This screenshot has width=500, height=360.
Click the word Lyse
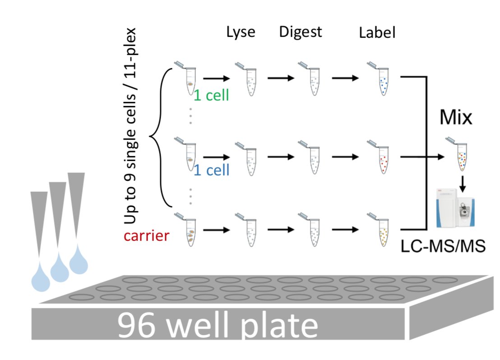241,32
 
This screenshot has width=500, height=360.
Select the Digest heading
301,32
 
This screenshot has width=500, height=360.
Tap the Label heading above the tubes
377,33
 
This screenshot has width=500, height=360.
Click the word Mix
456,118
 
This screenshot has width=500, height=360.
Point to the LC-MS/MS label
444,246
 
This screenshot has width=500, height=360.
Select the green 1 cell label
212,95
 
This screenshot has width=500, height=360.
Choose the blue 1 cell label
212,170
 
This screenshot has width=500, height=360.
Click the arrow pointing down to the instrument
462,183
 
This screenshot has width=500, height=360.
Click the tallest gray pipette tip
77,208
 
